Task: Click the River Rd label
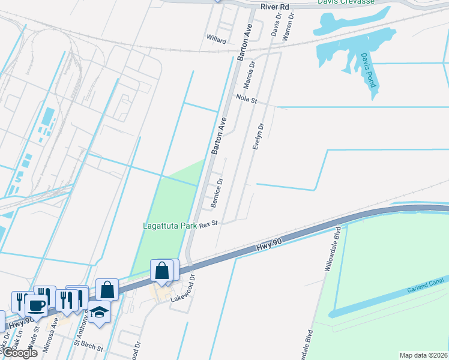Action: tap(275, 7)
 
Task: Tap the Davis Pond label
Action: tap(368, 70)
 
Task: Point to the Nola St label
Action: tap(246, 99)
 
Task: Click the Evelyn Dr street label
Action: tap(259, 137)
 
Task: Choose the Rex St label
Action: tap(208, 223)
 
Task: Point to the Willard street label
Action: tap(216, 41)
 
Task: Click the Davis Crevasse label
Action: tap(346, 2)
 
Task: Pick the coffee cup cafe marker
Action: tap(36, 305)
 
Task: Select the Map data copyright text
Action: tap(423, 355)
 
